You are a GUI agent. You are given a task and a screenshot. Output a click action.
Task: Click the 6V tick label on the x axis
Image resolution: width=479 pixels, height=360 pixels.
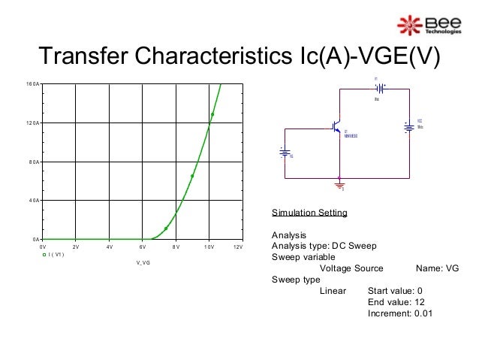[142, 247]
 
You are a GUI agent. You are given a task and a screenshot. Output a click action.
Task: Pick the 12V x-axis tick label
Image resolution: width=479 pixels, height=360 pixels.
[239, 247]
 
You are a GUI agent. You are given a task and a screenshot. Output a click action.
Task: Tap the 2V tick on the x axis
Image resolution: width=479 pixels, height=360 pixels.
[76, 247]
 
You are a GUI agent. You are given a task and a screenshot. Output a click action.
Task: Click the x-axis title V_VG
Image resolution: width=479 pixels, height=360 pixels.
[143, 262]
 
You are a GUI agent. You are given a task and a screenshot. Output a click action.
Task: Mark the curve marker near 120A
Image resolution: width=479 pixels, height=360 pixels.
[212, 115]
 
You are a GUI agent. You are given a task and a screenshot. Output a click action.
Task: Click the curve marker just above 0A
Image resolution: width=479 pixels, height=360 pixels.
[166, 228]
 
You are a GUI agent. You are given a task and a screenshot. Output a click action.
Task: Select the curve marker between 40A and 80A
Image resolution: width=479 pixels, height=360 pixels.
[192, 177]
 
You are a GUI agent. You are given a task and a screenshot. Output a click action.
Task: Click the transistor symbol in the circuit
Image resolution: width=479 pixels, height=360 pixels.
[337, 129]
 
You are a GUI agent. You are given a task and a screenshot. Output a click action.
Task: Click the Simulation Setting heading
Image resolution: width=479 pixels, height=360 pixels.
[309, 213]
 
